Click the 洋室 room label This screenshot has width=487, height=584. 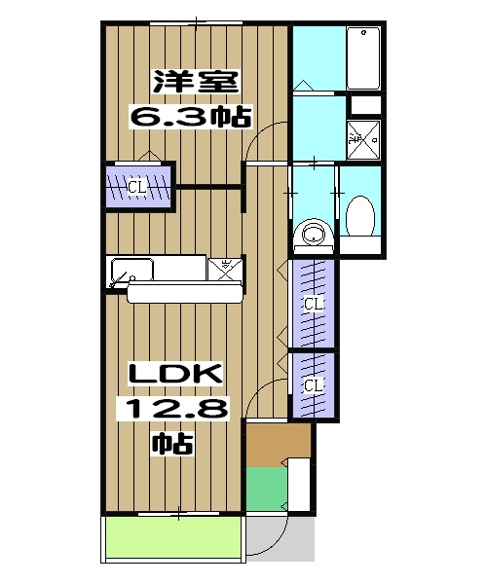[193, 83]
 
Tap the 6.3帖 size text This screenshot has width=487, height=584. [192, 117]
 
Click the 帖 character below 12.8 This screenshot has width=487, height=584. [172, 445]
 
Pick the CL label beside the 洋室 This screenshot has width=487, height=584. [137, 186]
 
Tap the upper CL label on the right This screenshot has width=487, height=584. [313, 305]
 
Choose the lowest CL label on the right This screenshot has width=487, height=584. [313, 386]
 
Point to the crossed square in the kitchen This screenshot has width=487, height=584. [226, 270]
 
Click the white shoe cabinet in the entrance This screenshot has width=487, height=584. [300, 482]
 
